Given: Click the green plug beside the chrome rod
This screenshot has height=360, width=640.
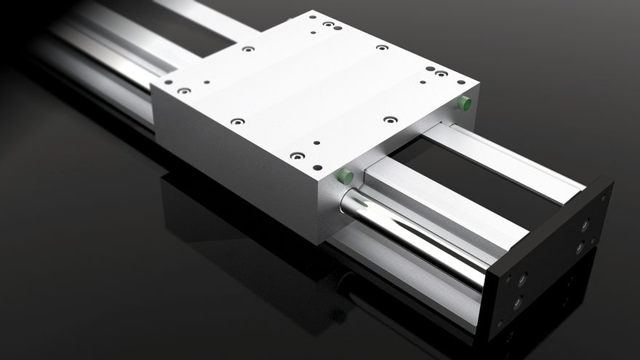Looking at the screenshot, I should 345,176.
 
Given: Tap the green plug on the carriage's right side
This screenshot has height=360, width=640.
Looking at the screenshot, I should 463,103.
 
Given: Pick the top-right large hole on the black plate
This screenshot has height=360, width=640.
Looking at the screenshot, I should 585,226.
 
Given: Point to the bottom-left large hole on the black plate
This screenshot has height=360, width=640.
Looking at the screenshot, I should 517,303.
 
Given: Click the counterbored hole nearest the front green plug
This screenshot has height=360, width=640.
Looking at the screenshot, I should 297,156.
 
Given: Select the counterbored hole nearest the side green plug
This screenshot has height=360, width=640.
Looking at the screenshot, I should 441,73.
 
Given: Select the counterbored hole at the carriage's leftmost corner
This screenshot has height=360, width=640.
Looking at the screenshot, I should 184,91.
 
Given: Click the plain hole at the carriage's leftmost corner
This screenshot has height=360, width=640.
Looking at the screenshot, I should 168,82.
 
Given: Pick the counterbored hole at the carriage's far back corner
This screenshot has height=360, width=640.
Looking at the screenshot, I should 328,24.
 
